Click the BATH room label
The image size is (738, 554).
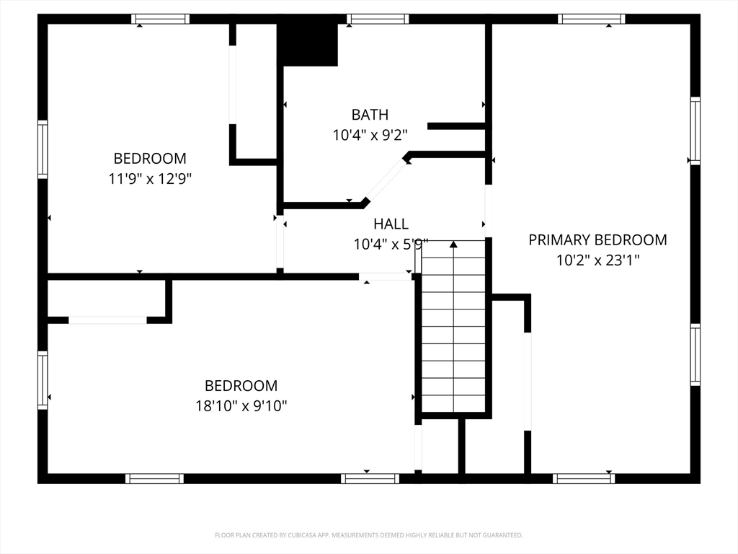tap(370, 115)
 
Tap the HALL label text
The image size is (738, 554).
tap(391, 224)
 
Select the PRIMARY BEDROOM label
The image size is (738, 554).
tap(597, 239)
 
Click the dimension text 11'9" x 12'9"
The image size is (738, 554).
tap(150, 179)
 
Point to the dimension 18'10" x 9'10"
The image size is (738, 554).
tap(241, 405)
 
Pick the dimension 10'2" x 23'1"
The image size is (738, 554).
tap(597, 260)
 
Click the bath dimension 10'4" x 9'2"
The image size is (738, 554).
tap(370, 135)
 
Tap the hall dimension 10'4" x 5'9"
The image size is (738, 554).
tap(391, 244)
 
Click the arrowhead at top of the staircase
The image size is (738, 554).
tap(453, 244)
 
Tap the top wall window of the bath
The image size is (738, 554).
tap(378, 19)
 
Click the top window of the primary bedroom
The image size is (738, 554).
tap(592, 19)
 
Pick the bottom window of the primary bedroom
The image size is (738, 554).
tap(584, 479)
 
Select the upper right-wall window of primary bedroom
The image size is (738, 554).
tap(695, 131)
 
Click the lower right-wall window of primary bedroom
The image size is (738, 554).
tap(695, 354)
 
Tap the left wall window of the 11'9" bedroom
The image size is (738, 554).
tap(43, 149)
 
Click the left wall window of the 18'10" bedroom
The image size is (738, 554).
tap(43, 380)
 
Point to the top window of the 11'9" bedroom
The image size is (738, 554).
tap(160, 19)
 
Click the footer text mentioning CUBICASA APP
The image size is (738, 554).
tap(368, 535)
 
